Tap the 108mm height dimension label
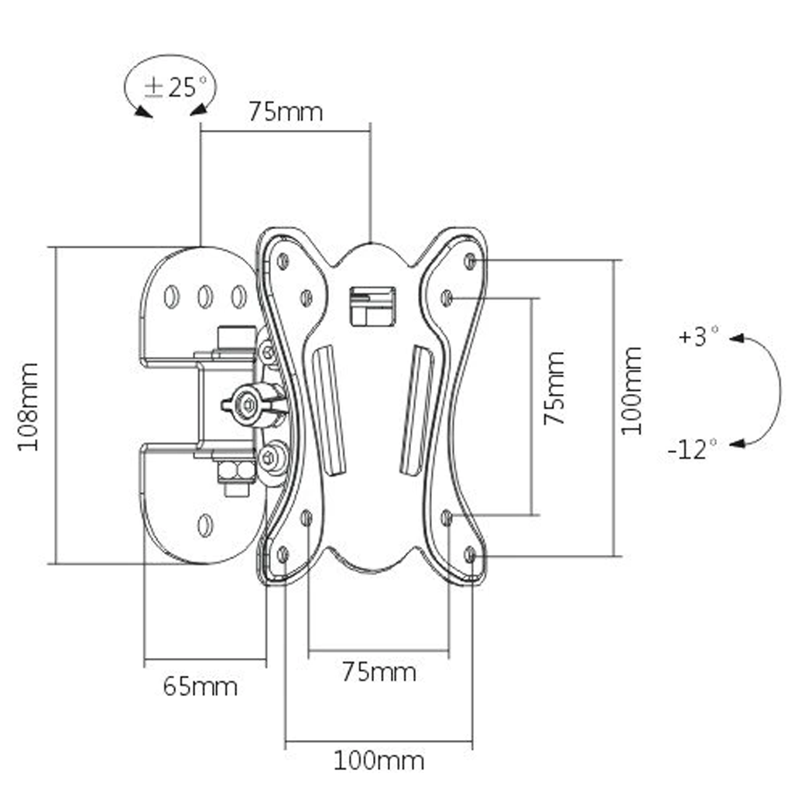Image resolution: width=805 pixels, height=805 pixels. tap(29, 406)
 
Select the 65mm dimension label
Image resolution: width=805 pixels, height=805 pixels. tap(200, 686)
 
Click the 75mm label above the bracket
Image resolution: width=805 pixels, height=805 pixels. tap(285, 111)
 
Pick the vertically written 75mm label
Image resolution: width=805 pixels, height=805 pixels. tap(553, 388)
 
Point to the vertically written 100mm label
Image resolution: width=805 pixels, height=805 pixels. tap(632, 390)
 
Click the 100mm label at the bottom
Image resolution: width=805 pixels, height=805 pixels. tap(379, 760)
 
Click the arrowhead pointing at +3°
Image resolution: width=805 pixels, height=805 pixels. tap(736, 338)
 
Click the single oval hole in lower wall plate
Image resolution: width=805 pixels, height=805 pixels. tap(205, 526)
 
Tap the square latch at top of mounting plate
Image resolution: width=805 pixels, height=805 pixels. tap(372, 306)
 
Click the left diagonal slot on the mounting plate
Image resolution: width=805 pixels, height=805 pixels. tap(331, 410)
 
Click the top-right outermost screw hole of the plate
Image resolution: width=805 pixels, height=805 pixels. tap(471, 260)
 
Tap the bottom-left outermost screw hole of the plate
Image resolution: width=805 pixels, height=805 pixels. tap(283, 553)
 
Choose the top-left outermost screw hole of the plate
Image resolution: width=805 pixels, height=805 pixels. tap(283, 261)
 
